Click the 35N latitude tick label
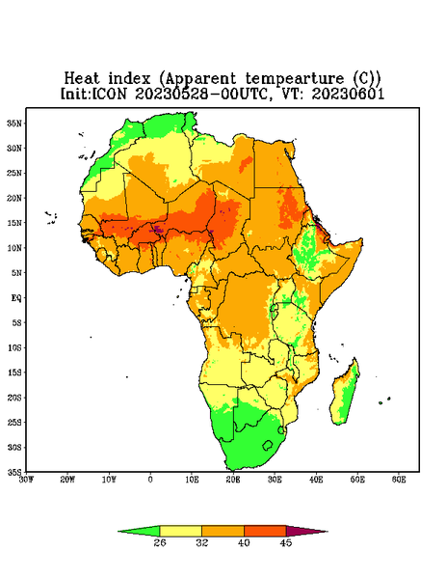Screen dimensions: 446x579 (14, 123)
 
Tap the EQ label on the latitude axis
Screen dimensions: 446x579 (16, 297)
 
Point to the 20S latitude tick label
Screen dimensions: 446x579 (14, 398)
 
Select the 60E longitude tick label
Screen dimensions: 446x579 (399, 480)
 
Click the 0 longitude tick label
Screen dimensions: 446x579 (150, 480)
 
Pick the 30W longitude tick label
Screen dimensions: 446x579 (26, 480)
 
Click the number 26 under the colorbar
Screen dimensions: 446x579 (160, 542)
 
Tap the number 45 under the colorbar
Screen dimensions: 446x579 (286, 542)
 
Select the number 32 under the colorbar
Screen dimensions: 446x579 (202, 542)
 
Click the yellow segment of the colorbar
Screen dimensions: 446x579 (180, 531)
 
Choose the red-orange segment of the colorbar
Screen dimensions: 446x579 (265, 531)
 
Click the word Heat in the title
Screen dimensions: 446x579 (82, 78)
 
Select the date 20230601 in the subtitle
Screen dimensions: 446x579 (348, 94)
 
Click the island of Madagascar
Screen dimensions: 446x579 (346, 394)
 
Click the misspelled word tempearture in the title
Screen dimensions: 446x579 (295, 79)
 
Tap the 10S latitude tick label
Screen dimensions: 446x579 (14, 347)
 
